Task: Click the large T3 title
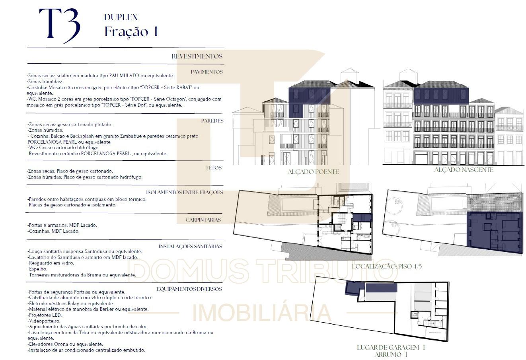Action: (x=60, y=26)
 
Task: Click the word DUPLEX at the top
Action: (x=121, y=17)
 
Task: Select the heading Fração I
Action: (x=131, y=31)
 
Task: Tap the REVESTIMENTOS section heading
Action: (x=197, y=56)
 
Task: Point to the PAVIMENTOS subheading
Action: (x=207, y=72)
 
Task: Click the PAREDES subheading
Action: (x=212, y=121)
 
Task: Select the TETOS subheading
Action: (x=213, y=168)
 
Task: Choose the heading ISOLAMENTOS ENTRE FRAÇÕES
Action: (x=185, y=192)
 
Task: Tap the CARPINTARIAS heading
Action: (x=203, y=220)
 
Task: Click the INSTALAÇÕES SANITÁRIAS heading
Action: (x=190, y=246)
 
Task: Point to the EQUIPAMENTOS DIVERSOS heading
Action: (x=189, y=289)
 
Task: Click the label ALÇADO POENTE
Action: (x=313, y=172)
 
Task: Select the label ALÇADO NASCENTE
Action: (x=464, y=170)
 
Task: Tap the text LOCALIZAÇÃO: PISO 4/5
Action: (x=387, y=266)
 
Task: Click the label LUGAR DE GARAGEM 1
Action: (x=391, y=347)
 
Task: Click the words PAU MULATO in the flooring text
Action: (x=124, y=76)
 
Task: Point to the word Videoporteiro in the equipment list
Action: (x=45, y=321)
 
